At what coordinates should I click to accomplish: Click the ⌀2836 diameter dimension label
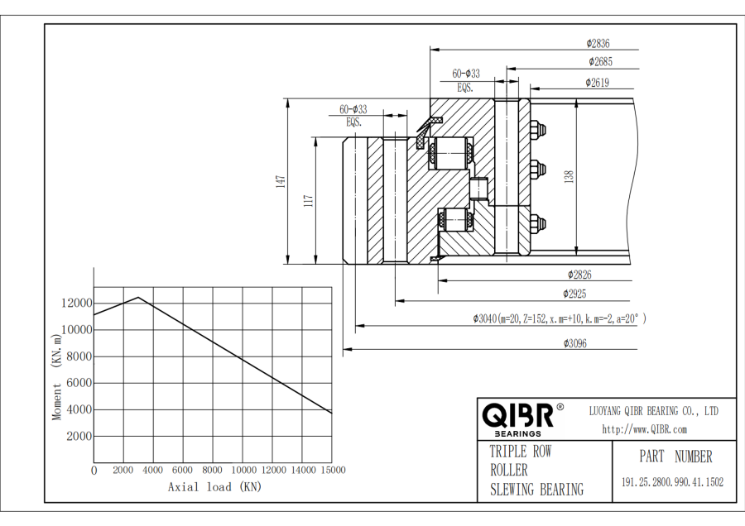pyautogui.click(x=598, y=43)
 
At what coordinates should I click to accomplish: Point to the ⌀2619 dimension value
pyautogui.click(x=597, y=82)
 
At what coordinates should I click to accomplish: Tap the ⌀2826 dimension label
pyautogui.click(x=579, y=275)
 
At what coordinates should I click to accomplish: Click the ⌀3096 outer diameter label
pyautogui.click(x=574, y=343)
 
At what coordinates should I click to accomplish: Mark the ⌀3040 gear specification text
pyautogui.click(x=560, y=318)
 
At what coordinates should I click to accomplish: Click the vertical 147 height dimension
pyautogui.click(x=281, y=181)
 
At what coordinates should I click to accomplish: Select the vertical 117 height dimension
pyautogui.click(x=310, y=200)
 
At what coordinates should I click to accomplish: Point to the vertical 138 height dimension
pyautogui.click(x=570, y=176)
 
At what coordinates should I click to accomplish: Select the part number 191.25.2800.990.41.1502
pyautogui.click(x=672, y=482)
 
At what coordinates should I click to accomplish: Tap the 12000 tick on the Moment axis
pyautogui.click(x=76, y=304)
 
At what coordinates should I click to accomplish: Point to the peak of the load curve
pyautogui.click(x=138, y=298)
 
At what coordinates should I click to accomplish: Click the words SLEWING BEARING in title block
pyautogui.click(x=536, y=490)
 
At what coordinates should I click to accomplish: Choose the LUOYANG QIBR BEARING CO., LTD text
pyautogui.click(x=653, y=410)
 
